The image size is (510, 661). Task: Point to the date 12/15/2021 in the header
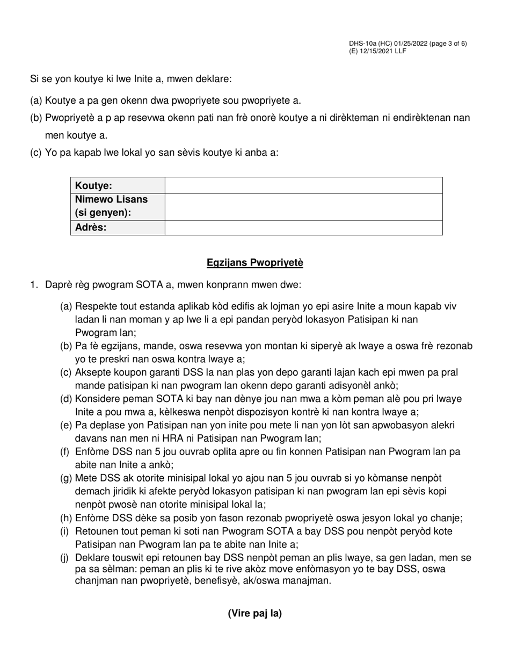pos(374,51)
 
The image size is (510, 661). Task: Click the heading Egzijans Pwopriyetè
pos(255,263)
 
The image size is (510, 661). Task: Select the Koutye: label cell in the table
pos(118,185)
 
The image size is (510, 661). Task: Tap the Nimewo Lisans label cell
pos(118,206)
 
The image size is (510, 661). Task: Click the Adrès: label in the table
pos(118,228)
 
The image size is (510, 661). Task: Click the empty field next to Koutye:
pos(303,185)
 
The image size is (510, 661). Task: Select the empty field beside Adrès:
pos(303,228)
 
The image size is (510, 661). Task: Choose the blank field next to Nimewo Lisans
pos(303,206)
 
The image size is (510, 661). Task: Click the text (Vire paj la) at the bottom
pos(255,613)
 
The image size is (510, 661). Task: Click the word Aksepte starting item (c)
pos(93,372)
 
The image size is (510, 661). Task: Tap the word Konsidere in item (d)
pos(97,399)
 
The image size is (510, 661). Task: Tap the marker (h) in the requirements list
pos(66,518)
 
